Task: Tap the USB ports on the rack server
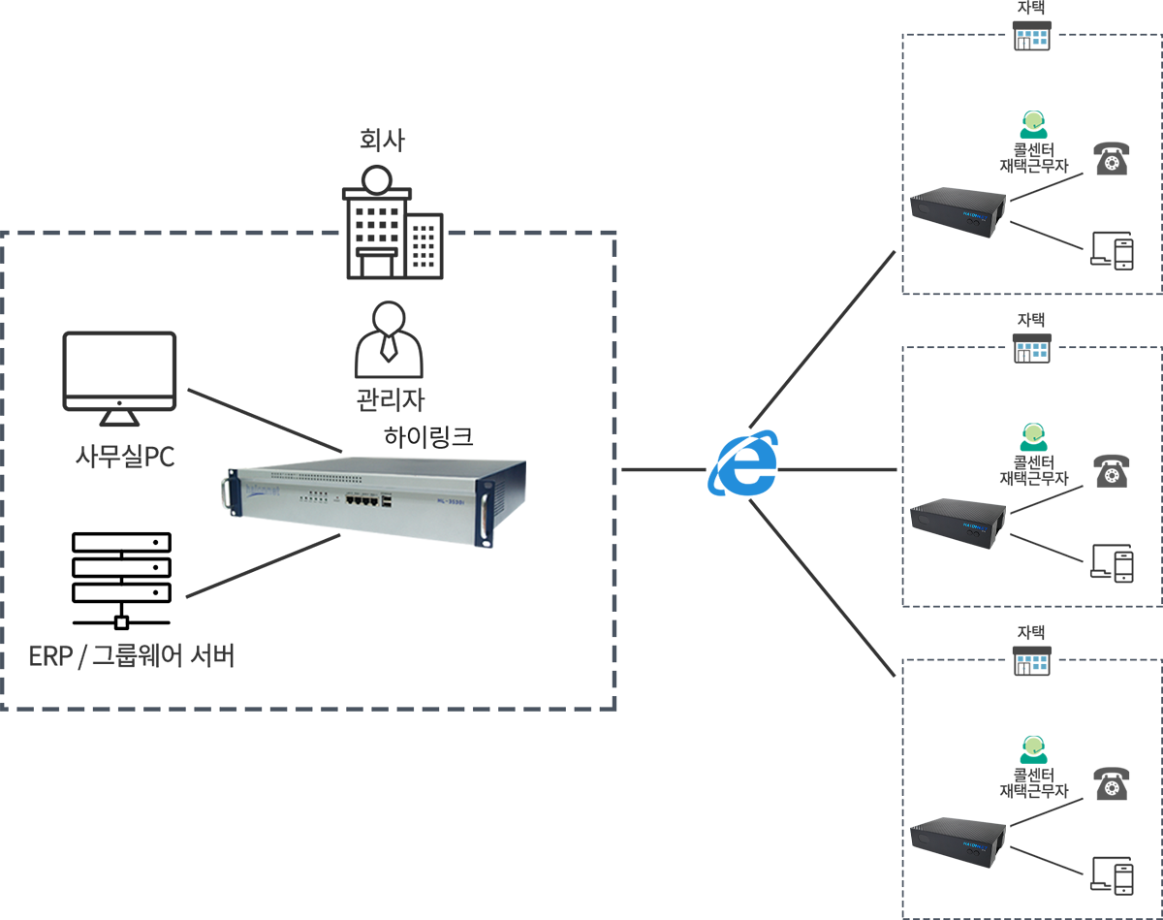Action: pyautogui.click(x=389, y=501)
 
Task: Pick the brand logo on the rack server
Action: pyautogui.click(x=262, y=489)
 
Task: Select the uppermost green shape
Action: pyautogui.click(x=1022, y=114)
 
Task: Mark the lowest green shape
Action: pyautogui.click(x=1022, y=741)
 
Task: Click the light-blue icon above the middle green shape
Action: pyautogui.click(x=1033, y=350)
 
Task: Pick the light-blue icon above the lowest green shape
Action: pyautogui.click(x=1033, y=663)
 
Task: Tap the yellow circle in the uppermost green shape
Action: pyautogui.click(x=1034, y=121)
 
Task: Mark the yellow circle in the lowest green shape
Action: pyautogui.click(x=1034, y=746)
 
